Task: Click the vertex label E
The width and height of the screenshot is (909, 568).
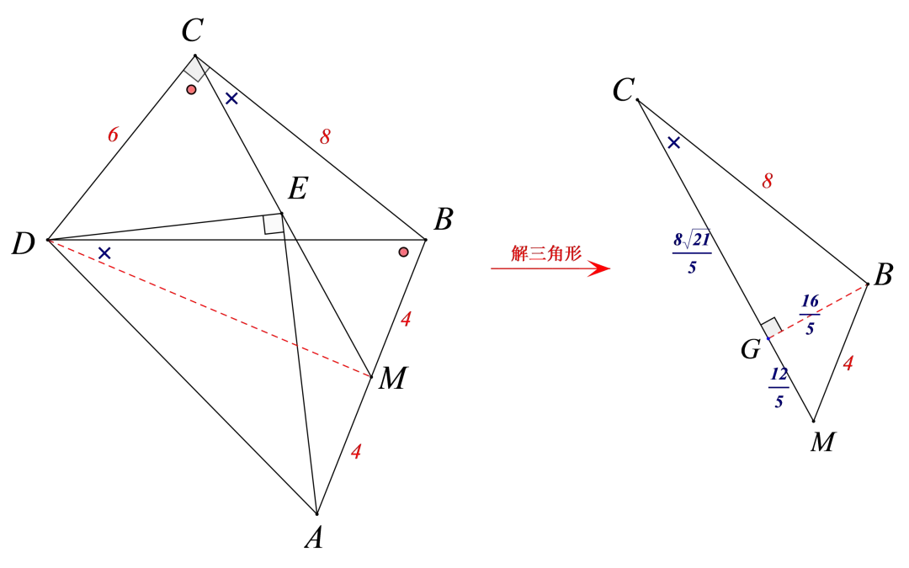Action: (297, 189)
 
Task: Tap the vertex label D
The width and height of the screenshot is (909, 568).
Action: (24, 244)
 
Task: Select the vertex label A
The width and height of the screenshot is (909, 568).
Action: (314, 538)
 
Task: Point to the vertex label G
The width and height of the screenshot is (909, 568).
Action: (751, 349)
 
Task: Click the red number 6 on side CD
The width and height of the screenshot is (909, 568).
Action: (113, 135)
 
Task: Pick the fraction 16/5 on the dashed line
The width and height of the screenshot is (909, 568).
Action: (810, 315)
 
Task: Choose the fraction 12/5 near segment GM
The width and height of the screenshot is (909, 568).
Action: (779, 388)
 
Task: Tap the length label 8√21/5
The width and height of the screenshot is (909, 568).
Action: (692, 252)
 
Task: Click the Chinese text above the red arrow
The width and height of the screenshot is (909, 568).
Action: (546, 253)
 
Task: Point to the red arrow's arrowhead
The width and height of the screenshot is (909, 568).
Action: (601, 268)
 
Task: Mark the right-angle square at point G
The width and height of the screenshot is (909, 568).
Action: (770, 328)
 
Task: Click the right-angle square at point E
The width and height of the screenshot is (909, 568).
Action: (273, 224)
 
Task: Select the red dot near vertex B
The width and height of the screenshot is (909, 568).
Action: (403, 252)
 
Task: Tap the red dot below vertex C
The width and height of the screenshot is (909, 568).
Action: (191, 90)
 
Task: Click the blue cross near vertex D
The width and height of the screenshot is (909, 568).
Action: (104, 253)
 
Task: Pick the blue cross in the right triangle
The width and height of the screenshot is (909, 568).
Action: (673, 142)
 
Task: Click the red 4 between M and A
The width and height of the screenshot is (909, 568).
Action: (357, 452)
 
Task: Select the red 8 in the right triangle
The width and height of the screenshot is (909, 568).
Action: (768, 182)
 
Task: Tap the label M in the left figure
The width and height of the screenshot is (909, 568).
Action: (393, 379)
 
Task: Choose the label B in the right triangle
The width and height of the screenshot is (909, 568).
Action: (883, 274)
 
